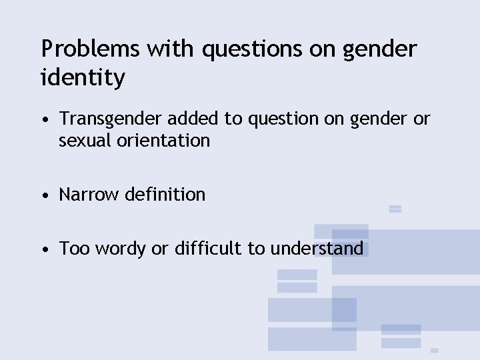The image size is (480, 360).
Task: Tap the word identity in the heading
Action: [x=83, y=78]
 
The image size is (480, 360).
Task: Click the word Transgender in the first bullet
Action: [x=111, y=119]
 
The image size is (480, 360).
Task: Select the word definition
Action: [x=165, y=195]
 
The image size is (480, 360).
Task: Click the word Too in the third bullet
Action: [x=74, y=249]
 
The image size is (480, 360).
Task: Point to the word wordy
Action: [x=121, y=249]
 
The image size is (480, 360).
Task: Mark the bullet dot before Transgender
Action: [x=43, y=121]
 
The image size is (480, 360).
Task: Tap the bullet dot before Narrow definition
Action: [x=43, y=196]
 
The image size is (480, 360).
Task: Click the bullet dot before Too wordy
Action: [x=43, y=250]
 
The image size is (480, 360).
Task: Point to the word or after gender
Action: [x=422, y=119]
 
